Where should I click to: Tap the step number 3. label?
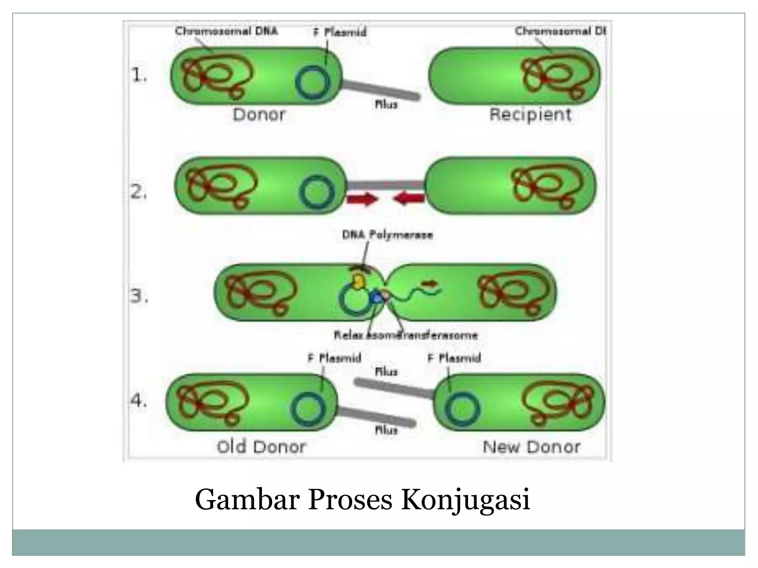139,296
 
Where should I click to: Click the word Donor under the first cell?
259,115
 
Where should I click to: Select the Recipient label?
530,114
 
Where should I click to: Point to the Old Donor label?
261,447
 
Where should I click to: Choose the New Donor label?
531,447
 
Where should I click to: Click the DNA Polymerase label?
388,235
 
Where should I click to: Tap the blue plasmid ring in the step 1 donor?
313,82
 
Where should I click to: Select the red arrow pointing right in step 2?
362,200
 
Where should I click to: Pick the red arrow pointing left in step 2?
409,199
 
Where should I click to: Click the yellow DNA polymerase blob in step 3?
359,281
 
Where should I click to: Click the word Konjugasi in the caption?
466,500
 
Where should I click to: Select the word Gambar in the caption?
247,500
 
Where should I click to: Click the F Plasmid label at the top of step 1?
340,32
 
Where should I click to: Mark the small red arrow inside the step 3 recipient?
430,284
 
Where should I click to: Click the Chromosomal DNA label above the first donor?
226,31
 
